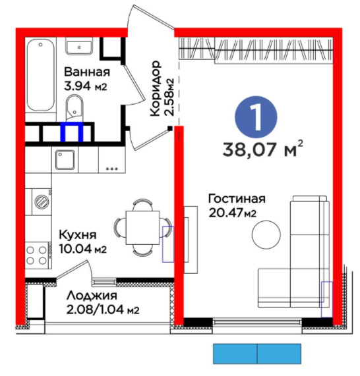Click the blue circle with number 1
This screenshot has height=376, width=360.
coord(256,117)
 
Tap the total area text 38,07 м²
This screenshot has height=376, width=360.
coord(263,149)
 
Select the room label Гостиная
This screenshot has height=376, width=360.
coord(237,199)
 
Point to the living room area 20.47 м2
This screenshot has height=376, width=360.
coord(233,213)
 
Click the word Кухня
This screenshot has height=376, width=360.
coord(78,235)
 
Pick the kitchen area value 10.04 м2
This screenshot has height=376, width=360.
coord(83,249)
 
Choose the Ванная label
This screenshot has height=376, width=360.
coord(87,72)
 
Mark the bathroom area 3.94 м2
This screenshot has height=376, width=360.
coord(86,86)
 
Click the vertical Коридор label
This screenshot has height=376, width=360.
coord(155,88)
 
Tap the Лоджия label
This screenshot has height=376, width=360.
coord(92,296)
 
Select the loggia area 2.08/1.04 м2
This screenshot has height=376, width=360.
coord(103,309)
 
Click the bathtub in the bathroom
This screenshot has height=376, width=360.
coord(40,75)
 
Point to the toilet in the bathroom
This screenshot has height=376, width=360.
coord(75,108)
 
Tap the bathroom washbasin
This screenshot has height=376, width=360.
coord(79,47)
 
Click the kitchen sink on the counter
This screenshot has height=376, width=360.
coord(65,160)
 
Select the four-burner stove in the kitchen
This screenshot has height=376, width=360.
coord(38,255)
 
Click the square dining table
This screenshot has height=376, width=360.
coord(143,228)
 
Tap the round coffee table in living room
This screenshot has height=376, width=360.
coord(266,234)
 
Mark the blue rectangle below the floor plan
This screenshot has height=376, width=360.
coord(257,354)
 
